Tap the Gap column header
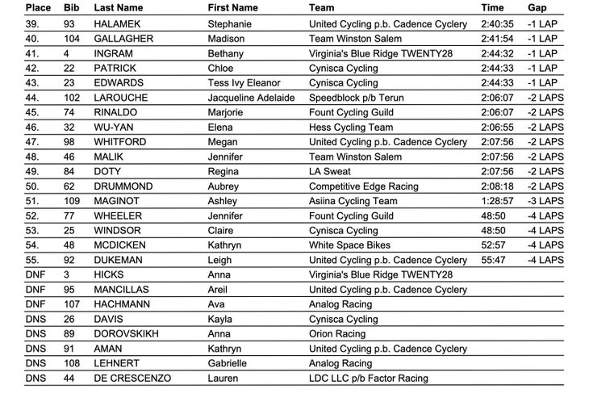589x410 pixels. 537,7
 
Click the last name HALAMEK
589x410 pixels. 120,23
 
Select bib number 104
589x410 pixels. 73,38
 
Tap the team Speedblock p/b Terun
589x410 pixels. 362,98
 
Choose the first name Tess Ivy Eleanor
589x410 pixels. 245,82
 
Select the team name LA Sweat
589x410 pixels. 333,171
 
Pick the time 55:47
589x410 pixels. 493,260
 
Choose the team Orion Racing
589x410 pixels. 337,333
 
